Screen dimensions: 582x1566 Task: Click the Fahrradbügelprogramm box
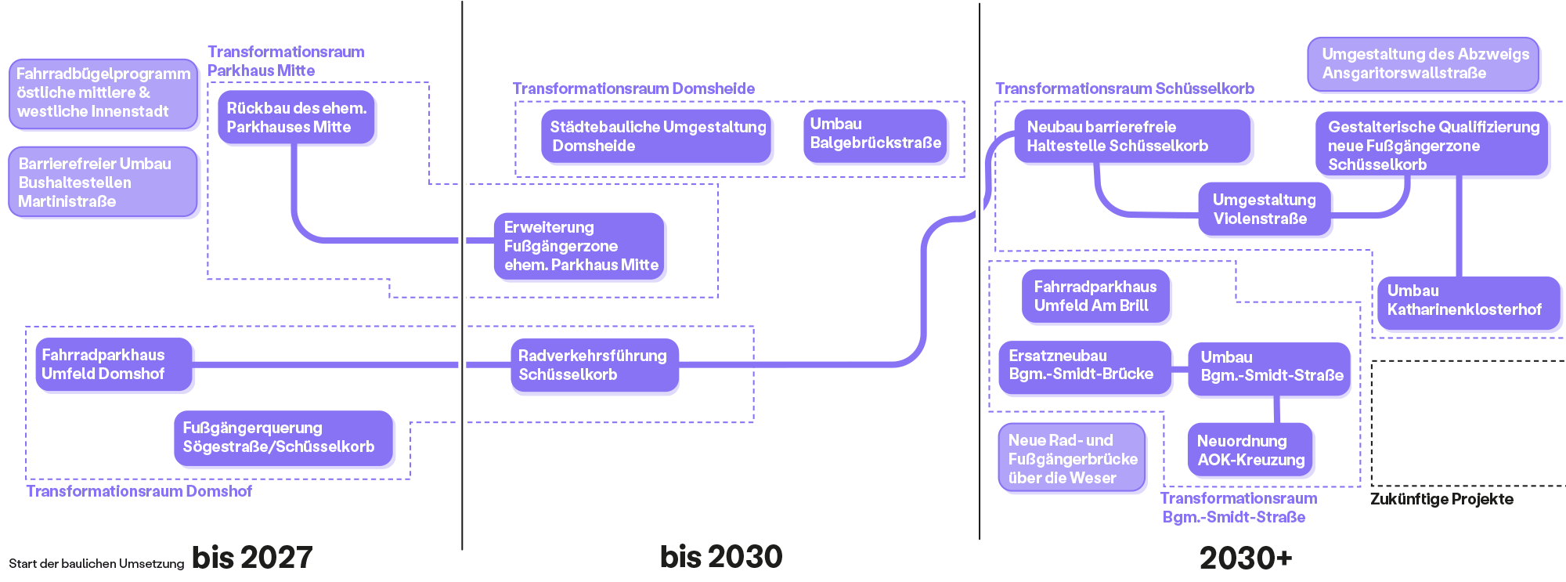point(103,93)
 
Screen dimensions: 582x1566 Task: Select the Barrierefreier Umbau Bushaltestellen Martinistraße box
point(103,182)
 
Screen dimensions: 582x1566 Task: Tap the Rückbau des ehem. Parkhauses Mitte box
point(296,117)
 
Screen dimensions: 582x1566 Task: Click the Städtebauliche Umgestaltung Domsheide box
point(656,136)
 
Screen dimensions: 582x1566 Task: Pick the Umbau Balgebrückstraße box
point(875,135)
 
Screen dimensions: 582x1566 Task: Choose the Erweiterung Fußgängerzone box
point(579,246)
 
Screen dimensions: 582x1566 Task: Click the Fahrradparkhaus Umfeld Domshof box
point(114,364)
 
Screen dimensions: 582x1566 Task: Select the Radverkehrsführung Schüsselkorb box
point(594,365)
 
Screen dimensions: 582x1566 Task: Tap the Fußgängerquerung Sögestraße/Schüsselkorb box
point(283,438)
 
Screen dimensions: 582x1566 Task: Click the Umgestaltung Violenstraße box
point(1264,209)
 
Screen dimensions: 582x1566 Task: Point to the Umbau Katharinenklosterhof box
point(1467,301)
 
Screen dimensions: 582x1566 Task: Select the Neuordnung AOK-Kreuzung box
point(1250,450)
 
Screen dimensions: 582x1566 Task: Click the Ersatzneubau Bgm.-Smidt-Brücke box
point(1084,366)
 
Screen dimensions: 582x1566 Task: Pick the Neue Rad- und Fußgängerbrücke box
point(1072,459)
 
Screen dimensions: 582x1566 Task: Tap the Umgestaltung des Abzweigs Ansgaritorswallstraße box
point(1423,63)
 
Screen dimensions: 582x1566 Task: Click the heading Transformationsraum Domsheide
point(633,89)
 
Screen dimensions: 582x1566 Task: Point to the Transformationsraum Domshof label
point(139,491)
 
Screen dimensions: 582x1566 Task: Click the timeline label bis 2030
point(721,557)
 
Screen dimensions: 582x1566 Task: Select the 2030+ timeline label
point(1245,559)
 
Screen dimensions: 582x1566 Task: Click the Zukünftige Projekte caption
point(1441,499)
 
